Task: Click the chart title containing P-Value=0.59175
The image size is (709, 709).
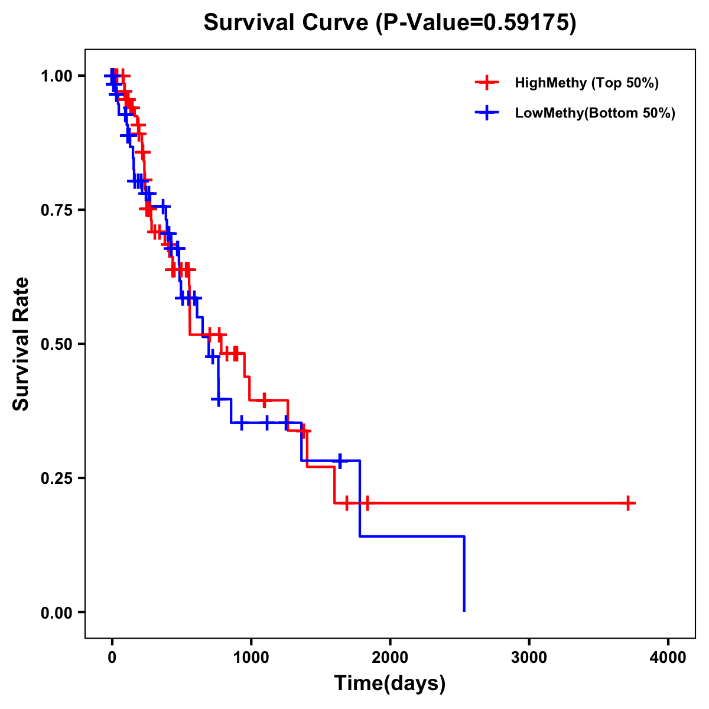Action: tap(390, 22)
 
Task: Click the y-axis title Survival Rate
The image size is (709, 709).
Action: tap(21, 344)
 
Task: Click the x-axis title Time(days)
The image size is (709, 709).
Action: tap(390, 683)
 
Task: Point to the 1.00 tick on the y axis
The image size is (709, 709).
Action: tap(57, 76)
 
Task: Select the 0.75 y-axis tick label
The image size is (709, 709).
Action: tap(57, 210)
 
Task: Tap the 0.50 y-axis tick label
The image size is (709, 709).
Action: tap(57, 344)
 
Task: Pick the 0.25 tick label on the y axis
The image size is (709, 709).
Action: tap(57, 478)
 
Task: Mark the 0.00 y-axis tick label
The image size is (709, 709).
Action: tap(57, 612)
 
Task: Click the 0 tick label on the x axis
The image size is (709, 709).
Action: tap(112, 657)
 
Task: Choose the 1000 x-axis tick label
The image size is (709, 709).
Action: tap(251, 657)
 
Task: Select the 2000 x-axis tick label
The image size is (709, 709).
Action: tap(390, 657)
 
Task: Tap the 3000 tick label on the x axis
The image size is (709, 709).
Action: tap(529, 657)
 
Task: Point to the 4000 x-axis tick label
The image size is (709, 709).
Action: tap(668, 657)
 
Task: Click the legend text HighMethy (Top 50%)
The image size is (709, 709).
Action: tap(587, 83)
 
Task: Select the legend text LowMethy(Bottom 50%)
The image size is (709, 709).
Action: tap(595, 113)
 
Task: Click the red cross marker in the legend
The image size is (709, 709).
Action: tap(487, 83)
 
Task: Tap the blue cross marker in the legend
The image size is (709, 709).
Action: tap(487, 113)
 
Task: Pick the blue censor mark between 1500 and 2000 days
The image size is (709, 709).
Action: tap(340, 460)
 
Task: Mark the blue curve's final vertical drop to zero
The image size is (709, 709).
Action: tap(464, 573)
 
